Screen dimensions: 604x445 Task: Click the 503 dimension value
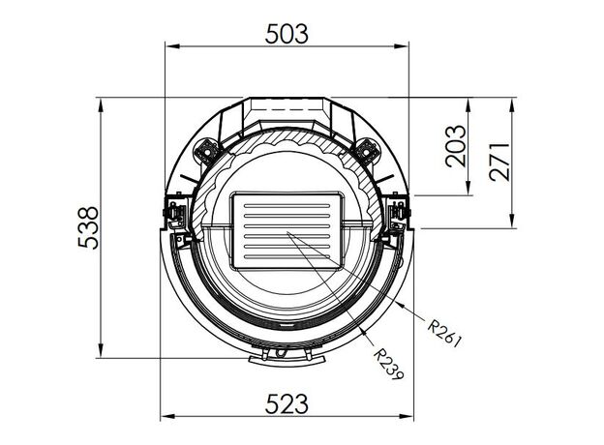(287, 34)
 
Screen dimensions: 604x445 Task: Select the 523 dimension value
(287, 403)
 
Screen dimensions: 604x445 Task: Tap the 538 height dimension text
(88, 228)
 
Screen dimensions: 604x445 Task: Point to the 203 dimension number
(455, 146)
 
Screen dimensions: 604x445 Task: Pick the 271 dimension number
(499, 162)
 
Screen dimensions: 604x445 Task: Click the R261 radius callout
(444, 333)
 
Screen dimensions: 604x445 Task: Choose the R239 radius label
(389, 364)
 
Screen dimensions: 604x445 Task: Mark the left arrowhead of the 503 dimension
(172, 46)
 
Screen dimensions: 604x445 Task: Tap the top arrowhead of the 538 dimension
(101, 105)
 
